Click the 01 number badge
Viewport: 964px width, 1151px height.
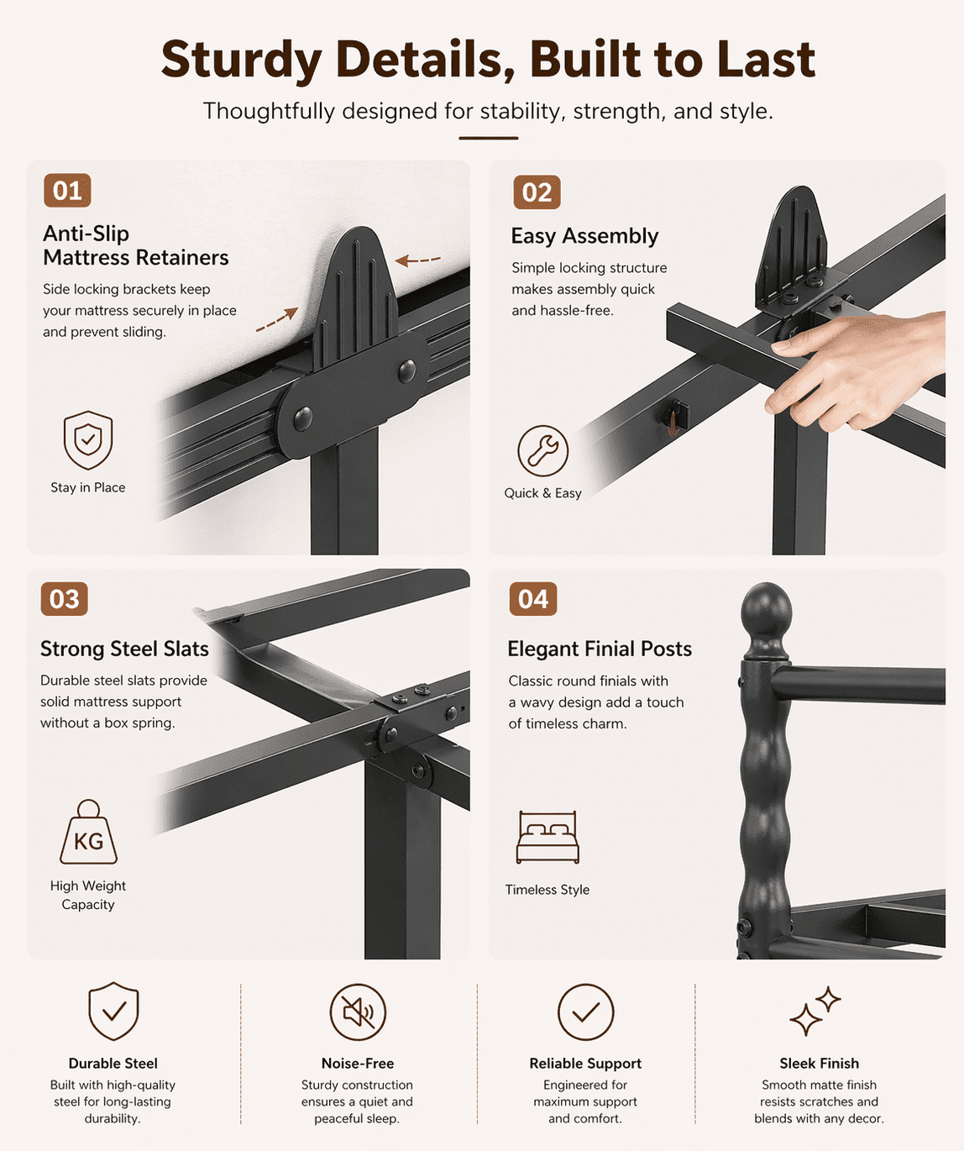(x=67, y=191)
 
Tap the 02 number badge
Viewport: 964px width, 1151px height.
(x=537, y=192)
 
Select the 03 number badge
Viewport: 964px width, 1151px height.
(x=64, y=599)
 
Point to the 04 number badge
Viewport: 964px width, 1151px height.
(x=532, y=599)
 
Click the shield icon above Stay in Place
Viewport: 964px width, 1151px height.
(x=88, y=440)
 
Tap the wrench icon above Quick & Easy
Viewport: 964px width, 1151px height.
(x=542, y=451)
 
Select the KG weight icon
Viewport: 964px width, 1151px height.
(x=88, y=832)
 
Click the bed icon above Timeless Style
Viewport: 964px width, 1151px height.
(x=547, y=837)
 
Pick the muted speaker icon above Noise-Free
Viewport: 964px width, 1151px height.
(x=358, y=1012)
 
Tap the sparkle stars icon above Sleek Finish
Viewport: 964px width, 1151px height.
(x=815, y=1011)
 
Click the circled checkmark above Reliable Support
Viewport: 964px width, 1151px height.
(x=585, y=1012)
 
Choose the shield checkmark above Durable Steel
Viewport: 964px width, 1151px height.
(x=113, y=1011)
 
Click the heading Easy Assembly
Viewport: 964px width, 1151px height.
(x=584, y=236)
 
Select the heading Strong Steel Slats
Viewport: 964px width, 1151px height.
(x=124, y=649)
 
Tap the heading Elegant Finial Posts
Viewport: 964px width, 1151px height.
(x=600, y=649)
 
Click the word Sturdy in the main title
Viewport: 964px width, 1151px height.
(x=241, y=60)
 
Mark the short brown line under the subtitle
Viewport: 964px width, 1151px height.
(x=488, y=138)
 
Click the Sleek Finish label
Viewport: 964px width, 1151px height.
(x=819, y=1063)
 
